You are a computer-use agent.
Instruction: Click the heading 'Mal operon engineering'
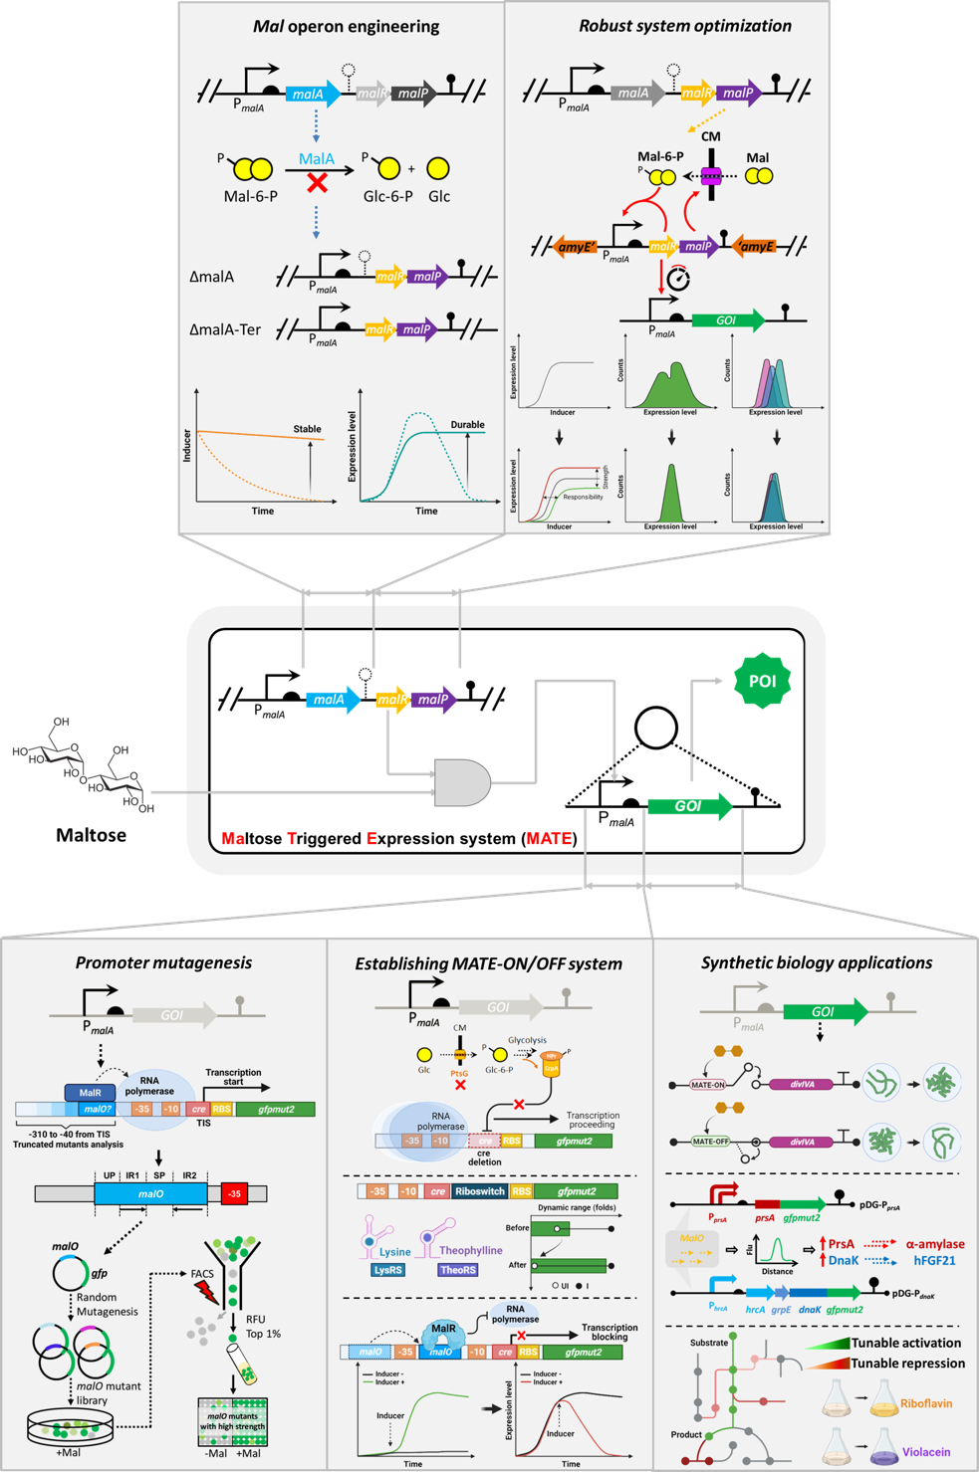coord(346,26)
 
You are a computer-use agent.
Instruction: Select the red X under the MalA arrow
coord(318,182)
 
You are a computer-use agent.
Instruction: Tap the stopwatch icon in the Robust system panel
coord(678,278)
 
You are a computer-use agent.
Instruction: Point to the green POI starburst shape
coord(762,681)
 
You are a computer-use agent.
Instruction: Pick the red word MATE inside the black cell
coord(549,839)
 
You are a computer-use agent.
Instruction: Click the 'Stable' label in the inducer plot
coord(307,429)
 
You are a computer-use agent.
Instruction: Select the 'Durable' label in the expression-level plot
coord(467,425)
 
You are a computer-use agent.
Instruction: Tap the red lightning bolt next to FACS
coord(206,1292)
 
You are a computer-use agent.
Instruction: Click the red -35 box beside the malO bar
coord(234,1193)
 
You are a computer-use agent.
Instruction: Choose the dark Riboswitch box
coord(479,1191)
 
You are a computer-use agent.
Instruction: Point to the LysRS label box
coord(387,1270)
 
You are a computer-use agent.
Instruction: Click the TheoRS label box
coord(458,1270)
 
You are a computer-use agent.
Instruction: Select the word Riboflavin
coord(926,1403)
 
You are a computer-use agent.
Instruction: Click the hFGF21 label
coord(934,1260)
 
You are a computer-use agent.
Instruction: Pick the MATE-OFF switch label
coord(710,1142)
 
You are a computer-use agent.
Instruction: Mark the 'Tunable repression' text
coord(907,1364)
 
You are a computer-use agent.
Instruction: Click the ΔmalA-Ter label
coord(225,329)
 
